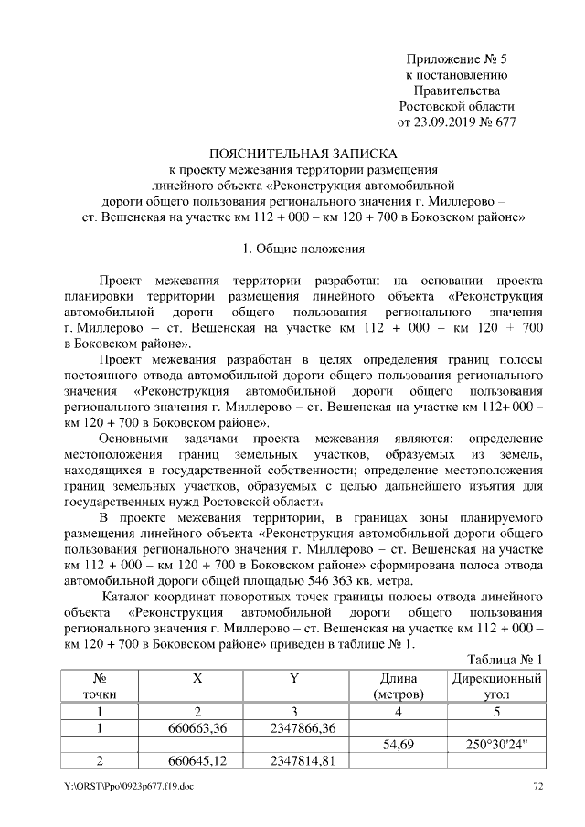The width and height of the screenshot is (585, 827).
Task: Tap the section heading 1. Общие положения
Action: pos(303,248)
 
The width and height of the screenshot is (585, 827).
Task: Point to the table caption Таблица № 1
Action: pos(505,660)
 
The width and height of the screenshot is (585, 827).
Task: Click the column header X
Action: pos(197,679)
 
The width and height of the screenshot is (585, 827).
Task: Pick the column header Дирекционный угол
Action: pos(496,687)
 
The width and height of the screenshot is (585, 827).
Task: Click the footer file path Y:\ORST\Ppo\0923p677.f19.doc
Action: pos(128,786)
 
